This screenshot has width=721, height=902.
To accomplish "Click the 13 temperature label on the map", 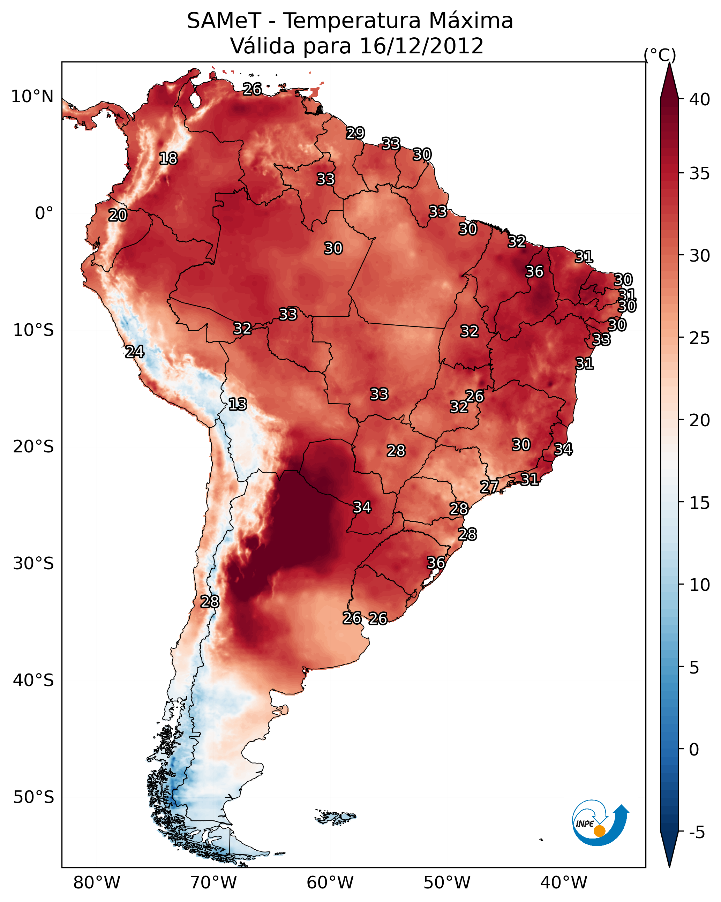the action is pos(238,404).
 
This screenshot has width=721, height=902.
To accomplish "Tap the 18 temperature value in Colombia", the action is pos(168,159).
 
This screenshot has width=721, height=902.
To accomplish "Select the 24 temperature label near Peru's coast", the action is pos(135,352).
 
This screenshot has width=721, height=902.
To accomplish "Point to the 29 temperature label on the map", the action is pos(355,133).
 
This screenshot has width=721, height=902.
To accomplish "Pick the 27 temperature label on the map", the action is pos(489,487).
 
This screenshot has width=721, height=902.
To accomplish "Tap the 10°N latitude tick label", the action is pos(32,97).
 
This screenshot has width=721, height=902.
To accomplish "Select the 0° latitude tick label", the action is pos(44,213).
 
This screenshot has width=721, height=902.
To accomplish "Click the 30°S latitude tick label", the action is pos(33,564).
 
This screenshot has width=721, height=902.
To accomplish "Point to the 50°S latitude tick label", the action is pos(33,797).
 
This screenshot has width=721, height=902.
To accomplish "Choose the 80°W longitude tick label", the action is pos(97,882).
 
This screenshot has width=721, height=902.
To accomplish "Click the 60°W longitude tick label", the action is pos(330,882).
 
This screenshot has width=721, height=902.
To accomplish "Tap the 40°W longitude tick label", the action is pos(564,882).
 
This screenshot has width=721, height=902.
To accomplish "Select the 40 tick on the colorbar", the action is pos(700,99).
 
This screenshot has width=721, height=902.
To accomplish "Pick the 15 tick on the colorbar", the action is pos(700,503).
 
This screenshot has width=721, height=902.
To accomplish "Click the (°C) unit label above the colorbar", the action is pos(660,55).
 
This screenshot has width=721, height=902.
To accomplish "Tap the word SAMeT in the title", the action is pos(224,21).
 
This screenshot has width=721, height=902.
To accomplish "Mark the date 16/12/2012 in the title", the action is pos(421,46).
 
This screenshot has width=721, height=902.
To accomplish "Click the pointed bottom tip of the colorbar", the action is pos(669,867).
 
